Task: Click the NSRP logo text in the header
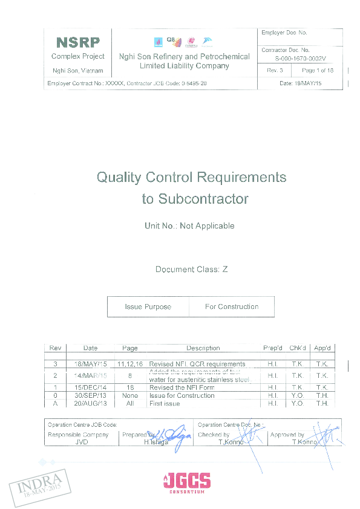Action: pyautogui.click(x=77, y=43)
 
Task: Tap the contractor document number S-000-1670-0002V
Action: pyautogui.click(x=300, y=59)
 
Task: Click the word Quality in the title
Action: pyautogui.click(x=119, y=178)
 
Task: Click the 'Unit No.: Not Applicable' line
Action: pyautogui.click(x=189, y=226)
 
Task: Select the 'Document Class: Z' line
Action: pyautogui.click(x=191, y=270)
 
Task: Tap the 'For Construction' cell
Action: pyautogui.click(x=231, y=307)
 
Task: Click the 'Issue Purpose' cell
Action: pyautogui.click(x=148, y=307)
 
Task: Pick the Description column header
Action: pyautogui.click(x=203, y=348)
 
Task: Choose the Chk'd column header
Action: pyautogui.click(x=297, y=348)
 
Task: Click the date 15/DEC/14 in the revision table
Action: pyautogui.click(x=90, y=387)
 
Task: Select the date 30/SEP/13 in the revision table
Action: pyautogui.click(x=90, y=395)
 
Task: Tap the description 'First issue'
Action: pyautogui.click(x=165, y=403)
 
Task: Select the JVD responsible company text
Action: pyautogui.click(x=82, y=443)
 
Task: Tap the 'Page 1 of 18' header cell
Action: pyautogui.click(x=318, y=71)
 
